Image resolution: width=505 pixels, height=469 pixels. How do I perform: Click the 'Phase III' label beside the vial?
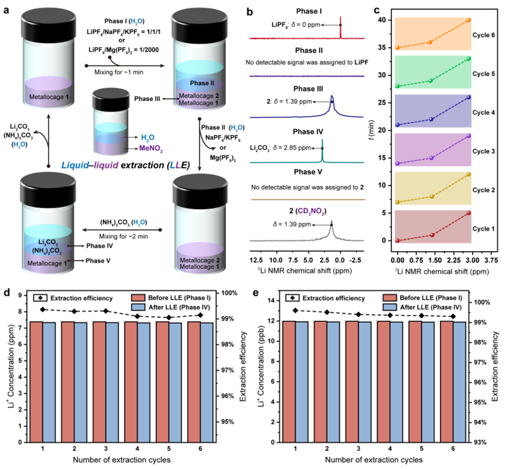pyautogui.click(x=149, y=98)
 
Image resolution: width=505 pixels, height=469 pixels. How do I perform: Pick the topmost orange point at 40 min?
pyautogui.click(x=468, y=20)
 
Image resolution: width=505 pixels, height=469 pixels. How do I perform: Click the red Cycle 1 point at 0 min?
pyautogui.click(x=398, y=240)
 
